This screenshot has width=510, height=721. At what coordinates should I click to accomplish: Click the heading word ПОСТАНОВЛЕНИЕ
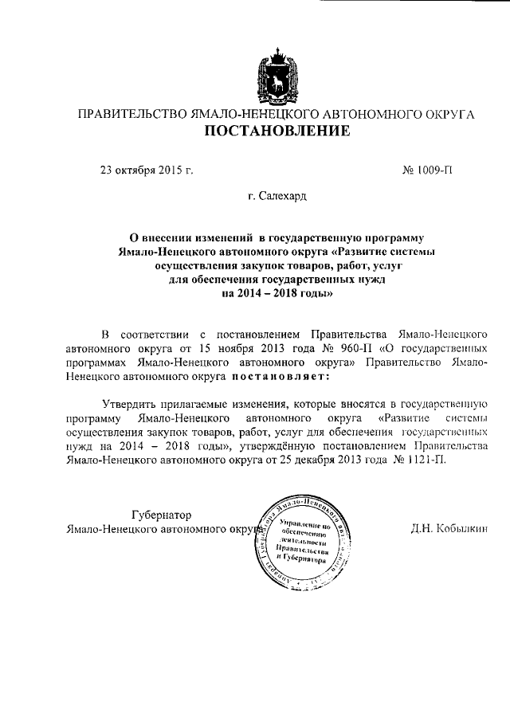(276, 131)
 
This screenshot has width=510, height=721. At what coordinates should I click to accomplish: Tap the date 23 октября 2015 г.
(147, 170)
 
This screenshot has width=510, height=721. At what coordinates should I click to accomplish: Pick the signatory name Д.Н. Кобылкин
(449, 527)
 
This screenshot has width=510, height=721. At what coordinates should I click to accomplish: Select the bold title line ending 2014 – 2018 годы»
(276, 292)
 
